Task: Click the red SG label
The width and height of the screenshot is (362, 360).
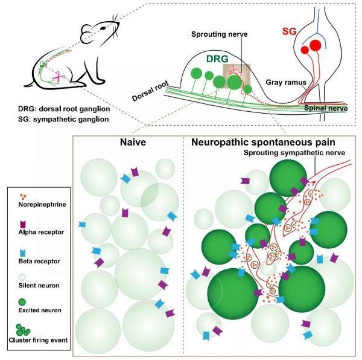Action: [x=289, y=31]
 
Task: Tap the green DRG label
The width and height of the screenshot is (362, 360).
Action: [x=217, y=59]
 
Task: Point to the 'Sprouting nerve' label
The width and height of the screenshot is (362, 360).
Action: [x=220, y=34]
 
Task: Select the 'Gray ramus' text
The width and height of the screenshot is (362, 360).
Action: [x=286, y=83]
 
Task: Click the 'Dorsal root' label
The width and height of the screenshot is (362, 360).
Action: [x=150, y=91]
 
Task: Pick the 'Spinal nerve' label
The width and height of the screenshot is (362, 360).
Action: [x=326, y=108]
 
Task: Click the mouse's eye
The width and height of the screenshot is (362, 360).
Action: [x=103, y=28]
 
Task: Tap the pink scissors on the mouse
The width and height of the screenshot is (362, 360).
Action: [x=59, y=77]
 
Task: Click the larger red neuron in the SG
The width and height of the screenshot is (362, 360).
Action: [x=315, y=45]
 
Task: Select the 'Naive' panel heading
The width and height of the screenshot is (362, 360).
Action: [x=133, y=142]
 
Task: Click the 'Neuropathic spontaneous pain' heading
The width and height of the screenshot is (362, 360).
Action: [x=263, y=142]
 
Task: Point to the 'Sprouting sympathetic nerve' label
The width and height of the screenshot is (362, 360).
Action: [x=294, y=153]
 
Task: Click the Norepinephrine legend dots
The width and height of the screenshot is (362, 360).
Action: [x=23, y=197]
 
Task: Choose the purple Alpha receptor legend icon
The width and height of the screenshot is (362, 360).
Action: [x=23, y=224]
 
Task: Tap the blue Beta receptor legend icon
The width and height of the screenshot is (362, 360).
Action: [x=22, y=253]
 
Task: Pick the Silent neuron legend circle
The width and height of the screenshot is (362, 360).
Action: [x=22, y=277]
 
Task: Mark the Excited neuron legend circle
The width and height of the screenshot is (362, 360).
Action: [x=22, y=302]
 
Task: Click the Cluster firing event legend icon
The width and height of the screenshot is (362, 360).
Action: [x=23, y=330]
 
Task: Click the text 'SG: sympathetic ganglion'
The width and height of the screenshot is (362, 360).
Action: [x=63, y=119]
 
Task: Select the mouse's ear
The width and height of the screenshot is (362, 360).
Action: [x=87, y=30]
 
